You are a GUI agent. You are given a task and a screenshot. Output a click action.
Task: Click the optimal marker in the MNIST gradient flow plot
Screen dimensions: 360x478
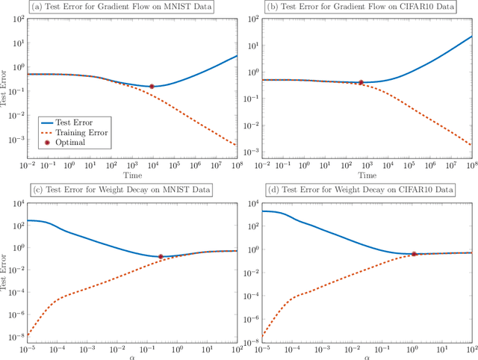[152, 87]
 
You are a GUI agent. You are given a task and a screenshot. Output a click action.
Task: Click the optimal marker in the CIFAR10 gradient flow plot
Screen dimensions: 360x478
[361, 82]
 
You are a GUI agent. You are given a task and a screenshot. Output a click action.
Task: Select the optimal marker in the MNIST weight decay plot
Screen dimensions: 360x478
[161, 257]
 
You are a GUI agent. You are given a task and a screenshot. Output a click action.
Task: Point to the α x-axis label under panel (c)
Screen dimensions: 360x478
[132, 356]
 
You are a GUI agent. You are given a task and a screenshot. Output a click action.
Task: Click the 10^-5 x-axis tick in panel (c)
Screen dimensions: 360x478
[28, 349]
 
